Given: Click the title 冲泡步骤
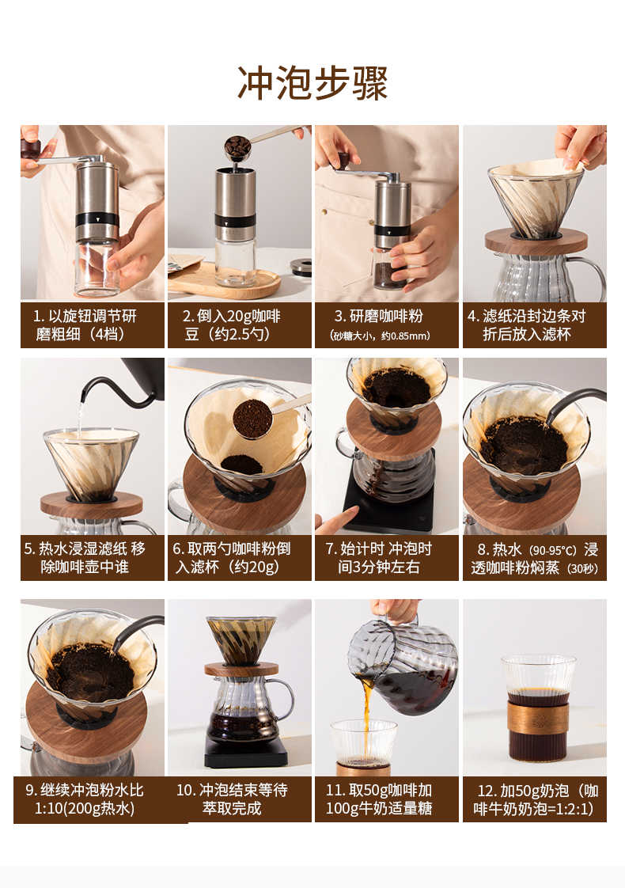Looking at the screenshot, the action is pos(312,83).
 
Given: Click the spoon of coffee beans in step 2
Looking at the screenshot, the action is pos(238,148).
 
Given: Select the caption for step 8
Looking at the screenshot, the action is pos(535,559).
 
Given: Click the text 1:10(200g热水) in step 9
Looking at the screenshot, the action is pos(85,808).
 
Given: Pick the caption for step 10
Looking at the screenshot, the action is pos(232,799).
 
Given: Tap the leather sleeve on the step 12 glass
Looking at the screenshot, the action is pos(537,717).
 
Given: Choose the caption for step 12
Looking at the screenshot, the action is pos(535,799).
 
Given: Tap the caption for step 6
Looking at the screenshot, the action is pos(232,558).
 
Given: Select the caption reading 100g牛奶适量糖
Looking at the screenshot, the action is pos(379,808).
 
